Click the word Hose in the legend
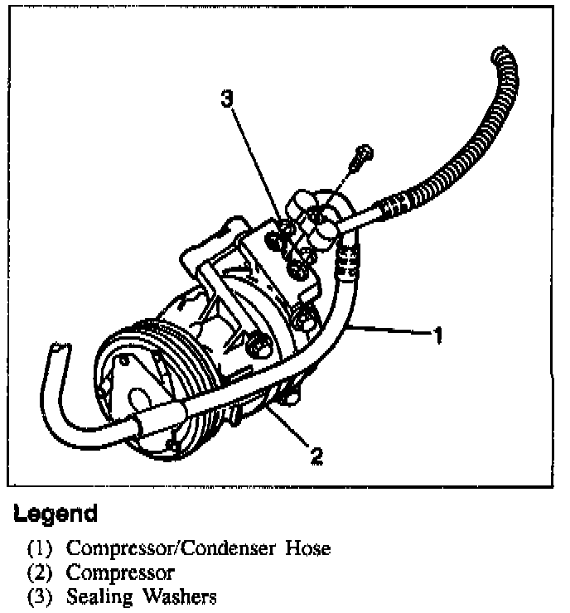[308, 548]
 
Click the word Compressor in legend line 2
[120, 572]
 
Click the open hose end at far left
[58, 350]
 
